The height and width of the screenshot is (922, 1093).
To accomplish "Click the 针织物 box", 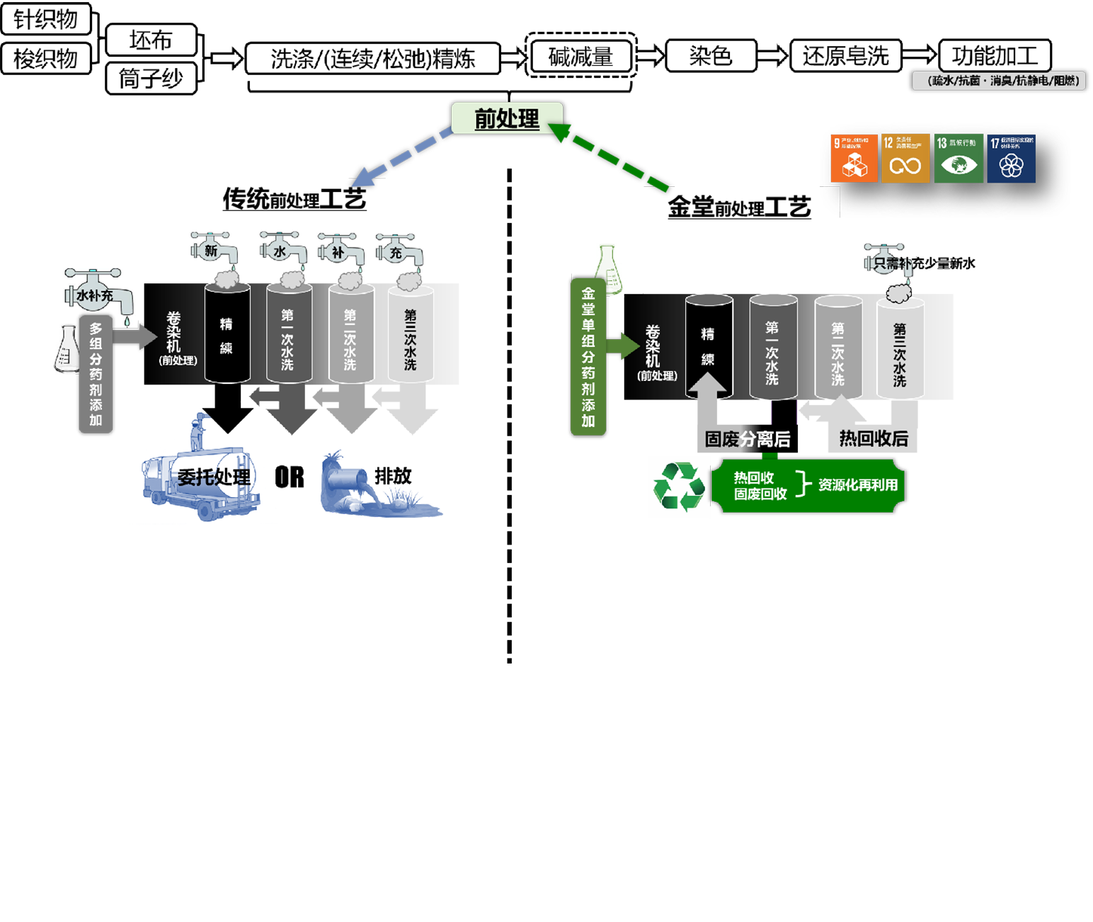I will pyautogui.click(x=46, y=19).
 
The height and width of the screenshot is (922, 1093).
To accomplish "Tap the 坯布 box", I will pyautogui.click(x=151, y=40).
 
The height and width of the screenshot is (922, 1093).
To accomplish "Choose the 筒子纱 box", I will pyautogui.click(x=151, y=78).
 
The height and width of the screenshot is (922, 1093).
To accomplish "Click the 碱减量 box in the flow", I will pyautogui.click(x=581, y=57).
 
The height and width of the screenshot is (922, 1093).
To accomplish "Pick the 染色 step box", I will pyautogui.click(x=711, y=56).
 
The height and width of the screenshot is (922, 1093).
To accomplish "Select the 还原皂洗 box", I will pyautogui.click(x=845, y=56).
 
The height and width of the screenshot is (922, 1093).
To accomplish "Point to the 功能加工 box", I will pyautogui.click(x=995, y=56).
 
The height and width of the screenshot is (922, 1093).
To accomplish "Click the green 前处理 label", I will pyautogui.click(x=507, y=118).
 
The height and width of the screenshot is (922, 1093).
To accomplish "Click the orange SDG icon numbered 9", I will pyautogui.click(x=854, y=159).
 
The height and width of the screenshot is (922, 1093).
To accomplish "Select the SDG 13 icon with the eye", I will pyautogui.click(x=958, y=159).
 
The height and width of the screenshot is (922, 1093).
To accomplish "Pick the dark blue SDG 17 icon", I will pyautogui.click(x=1012, y=159).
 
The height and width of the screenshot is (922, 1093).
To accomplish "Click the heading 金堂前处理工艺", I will pyautogui.click(x=739, y=207).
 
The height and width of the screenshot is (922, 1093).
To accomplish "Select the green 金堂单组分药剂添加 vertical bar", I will pyautogui.click(x=588, y=356).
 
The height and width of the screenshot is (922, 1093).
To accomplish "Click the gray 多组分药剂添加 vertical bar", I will pyautogui.click(x=96, y=374).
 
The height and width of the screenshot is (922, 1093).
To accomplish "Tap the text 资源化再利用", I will pyautogui.click(x=858, y=485).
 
